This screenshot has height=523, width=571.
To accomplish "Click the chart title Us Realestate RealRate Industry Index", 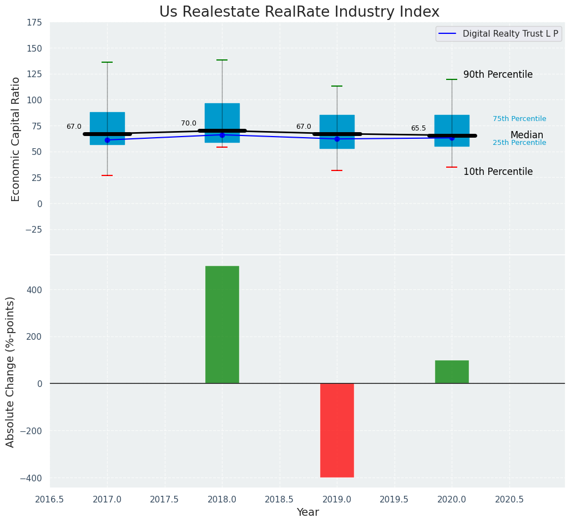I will click(299, 12).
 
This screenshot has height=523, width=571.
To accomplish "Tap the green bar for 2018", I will click(222, 324).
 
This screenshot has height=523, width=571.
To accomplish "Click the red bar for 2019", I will click(337, 430).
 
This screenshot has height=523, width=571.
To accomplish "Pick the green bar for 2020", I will click(452, 371).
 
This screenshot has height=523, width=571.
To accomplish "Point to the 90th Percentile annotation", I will click(498, 74).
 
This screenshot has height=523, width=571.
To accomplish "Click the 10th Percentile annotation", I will click(498, 172).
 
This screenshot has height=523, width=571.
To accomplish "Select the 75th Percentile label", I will click(519, 119).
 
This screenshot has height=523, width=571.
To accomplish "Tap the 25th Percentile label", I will click(519, 143).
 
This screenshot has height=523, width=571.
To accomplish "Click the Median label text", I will click(527, 135).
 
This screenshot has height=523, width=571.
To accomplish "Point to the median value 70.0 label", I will click(189, 123).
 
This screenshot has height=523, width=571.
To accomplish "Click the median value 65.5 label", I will click(418, 128).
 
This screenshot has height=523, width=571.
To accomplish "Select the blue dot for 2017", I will click(107, 140).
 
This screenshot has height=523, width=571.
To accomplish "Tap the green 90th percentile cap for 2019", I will click(337, 86).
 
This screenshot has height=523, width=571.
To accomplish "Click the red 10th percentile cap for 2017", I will click(107, 175).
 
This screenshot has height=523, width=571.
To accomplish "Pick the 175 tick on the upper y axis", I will click(34, 22).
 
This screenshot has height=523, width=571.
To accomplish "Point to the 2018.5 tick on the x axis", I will click(279, 499).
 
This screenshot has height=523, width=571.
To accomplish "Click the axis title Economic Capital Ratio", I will click(16, 139).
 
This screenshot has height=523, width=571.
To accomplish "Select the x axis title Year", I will click(307, 512).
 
